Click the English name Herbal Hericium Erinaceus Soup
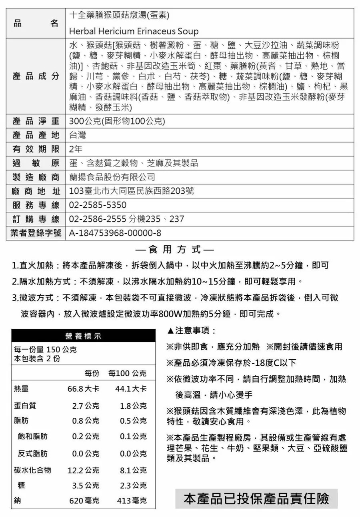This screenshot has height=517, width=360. tap(134, 31)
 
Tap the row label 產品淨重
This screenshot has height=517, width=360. tap(36, 121)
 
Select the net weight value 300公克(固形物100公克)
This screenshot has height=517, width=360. tap(117, 121)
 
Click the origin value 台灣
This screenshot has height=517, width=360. tap(78, 135)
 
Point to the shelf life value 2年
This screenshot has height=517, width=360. tap(76, 149)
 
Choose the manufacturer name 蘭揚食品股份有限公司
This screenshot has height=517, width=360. tap(112, 177)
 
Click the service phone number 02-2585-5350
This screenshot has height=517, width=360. tap(98, 205)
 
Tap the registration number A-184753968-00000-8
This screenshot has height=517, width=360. tap(115, 233)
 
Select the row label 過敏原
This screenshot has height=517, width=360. tap(36, 163)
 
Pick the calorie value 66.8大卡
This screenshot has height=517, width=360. tap(83, 389)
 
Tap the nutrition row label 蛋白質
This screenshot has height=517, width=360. tap(25, 405)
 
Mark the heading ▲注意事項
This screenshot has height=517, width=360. tap(191, 331)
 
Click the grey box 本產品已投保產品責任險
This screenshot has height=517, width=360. tap(256, 499)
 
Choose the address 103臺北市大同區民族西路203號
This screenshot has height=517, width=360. tap(132, 191)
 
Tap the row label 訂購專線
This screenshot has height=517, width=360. tap(36, 219)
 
